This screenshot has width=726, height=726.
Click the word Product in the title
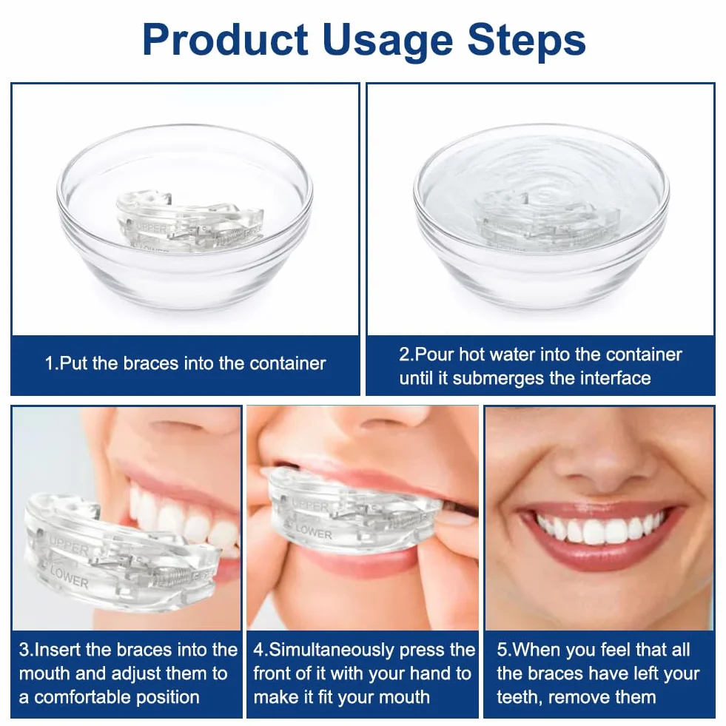point(226,39)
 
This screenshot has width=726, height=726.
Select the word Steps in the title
point(526,41)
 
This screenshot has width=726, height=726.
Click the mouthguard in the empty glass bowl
point(190,221)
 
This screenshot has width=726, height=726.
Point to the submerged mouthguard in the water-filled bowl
point(546,221)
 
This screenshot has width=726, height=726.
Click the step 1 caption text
point(185,363)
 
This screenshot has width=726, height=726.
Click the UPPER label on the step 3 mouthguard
point(69,547)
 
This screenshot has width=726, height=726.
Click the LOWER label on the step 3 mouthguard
point(69,577)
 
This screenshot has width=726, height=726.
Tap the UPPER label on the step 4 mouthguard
point(310,505)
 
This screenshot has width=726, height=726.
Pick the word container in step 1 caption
point(288,363)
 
